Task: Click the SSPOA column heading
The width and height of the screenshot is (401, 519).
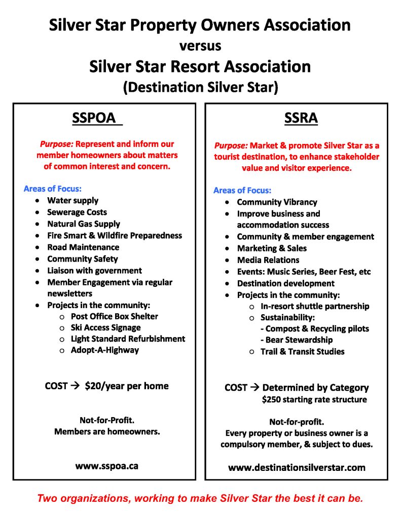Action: tap(97, 118)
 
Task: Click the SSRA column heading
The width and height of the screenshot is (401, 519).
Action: tap(301, 118)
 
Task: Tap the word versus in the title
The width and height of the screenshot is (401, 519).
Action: tap(200, 46)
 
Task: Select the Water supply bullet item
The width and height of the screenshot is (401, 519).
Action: tap(73, 200)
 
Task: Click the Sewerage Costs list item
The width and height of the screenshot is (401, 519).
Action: tap(77, 212)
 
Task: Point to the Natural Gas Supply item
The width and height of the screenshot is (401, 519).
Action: tap(84, 224)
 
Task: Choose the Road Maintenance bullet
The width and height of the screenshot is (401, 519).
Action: tap(83, 247)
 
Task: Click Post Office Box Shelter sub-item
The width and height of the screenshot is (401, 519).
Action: tap(114, 316)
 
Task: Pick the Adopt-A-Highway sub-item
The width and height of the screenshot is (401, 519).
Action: tap(104, 350)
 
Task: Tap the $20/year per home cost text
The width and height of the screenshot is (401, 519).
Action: tap(127, 386)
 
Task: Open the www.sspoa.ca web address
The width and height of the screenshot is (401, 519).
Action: tap(106, 466)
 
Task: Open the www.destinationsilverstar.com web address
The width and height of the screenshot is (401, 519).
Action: tap(297, 467)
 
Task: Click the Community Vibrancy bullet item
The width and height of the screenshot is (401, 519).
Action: tap(277, 202)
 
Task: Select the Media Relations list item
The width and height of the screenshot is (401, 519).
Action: tap(268, 260)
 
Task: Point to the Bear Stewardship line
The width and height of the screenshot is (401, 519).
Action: tap(299, 340)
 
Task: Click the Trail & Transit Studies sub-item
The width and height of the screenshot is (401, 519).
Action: tap(302, 351)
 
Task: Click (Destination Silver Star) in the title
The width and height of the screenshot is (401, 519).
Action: tap(200, 87)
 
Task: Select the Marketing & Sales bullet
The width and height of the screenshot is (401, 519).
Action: tap(272, 248)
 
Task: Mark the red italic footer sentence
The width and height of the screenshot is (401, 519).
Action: tap(200, 498)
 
